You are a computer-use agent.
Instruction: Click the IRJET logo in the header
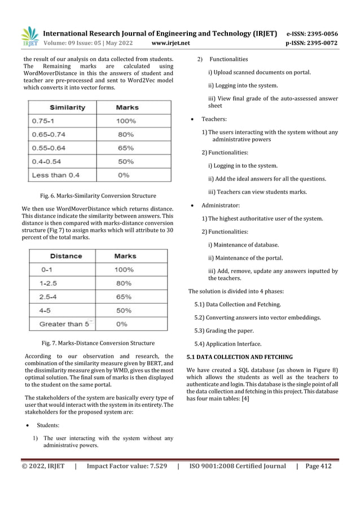coord(30,37)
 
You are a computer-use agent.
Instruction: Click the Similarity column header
coord(67,107)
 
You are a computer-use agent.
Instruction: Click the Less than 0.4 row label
coord(55,175)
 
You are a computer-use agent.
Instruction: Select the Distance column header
coord(65,256)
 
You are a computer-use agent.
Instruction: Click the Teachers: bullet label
coord(214,120)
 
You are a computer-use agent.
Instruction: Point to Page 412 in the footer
coord(318,466)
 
